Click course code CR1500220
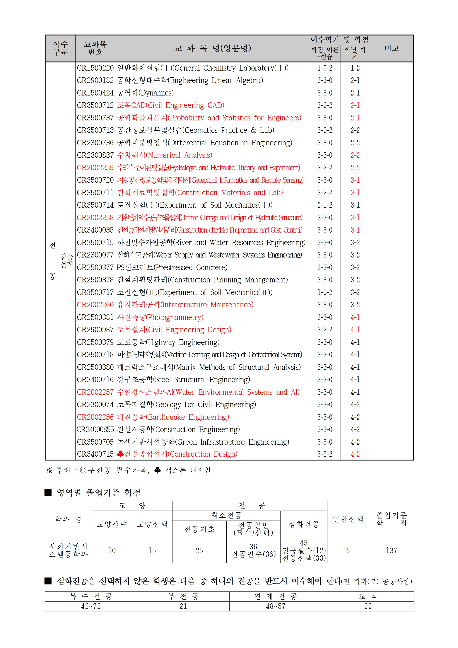pyautogui.click(x=95, y=68)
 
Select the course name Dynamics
pyautogui.click(x=145, y=93)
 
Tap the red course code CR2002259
pyautogui.click(x=95, y=168)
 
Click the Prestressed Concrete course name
pyautogui.click(x=172, y=267)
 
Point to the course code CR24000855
pyautogui.click(x=95, y=429)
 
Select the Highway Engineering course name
pyautogui.click(x=168, y=342)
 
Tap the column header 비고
pyautogui.click(x=392, y=48)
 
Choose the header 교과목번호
pyautogui.click(x=95, y=48)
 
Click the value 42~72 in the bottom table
pyautogui.click(x=91, y=606)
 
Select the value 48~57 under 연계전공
pyautogui.click(x=275, y=606)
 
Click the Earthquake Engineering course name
pyautogui.click(x=173, y=417)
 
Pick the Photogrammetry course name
pyautogui.click(x=160, y=317)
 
